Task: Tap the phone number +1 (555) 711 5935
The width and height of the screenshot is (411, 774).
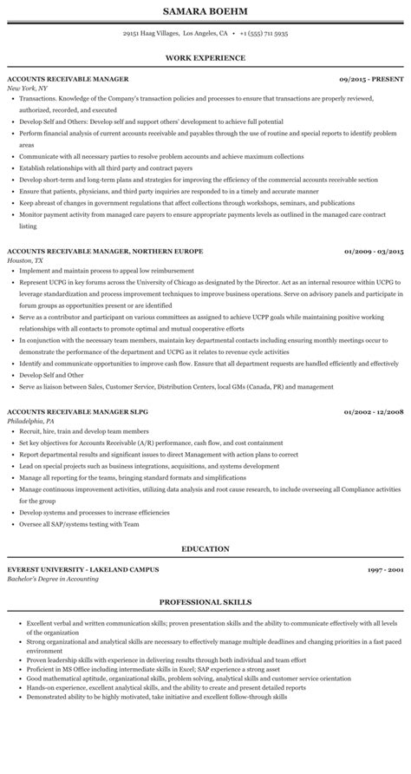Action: pyautogui.click(x=263, y=34)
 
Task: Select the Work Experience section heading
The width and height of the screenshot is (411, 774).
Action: pyautogui.click(x=205, y=58)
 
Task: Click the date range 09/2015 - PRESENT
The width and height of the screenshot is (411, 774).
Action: pyautogui.click(x=372, y=79)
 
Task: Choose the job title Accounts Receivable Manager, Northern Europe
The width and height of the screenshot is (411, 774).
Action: pyautogui.click(x=105, y=251)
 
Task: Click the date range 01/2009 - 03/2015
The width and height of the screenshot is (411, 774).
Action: pyautogui.click(x=374, y=251)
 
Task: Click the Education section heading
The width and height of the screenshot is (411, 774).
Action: pyautogui.click(x=205, y=548)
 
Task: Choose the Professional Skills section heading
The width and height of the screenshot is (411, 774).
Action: pyautogui.click(x=205, y=601)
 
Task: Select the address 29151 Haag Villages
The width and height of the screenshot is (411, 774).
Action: pyautogui.click(x=148, y=34)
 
